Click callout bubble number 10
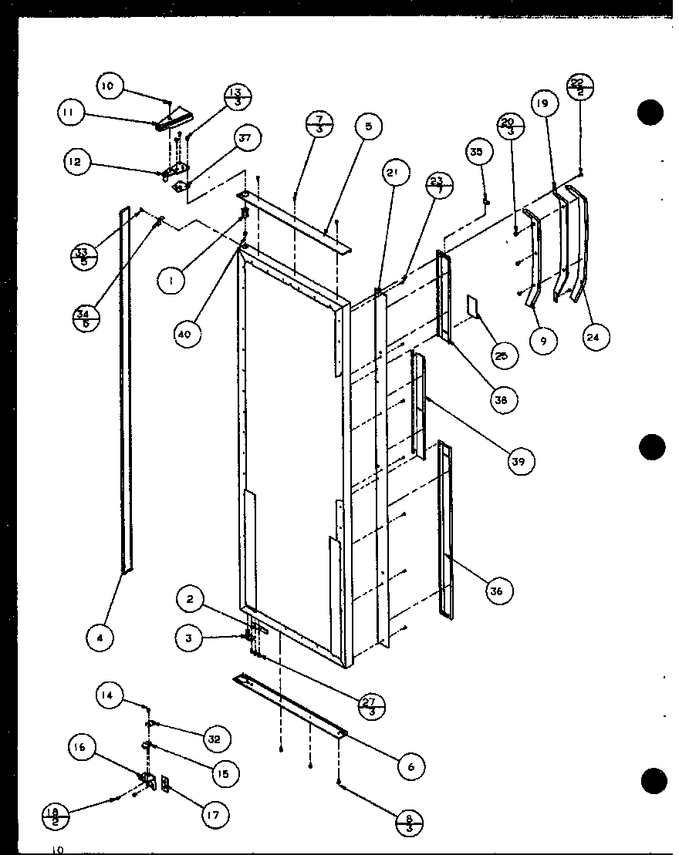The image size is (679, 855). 108,86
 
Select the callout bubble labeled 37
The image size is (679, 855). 245,139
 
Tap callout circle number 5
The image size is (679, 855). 368,126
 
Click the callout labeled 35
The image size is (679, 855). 476,153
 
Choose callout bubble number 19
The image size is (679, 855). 543,103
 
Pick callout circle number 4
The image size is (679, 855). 100,637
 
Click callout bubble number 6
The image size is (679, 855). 410,766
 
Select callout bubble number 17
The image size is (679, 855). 214,814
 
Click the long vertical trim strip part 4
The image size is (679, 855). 123,385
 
